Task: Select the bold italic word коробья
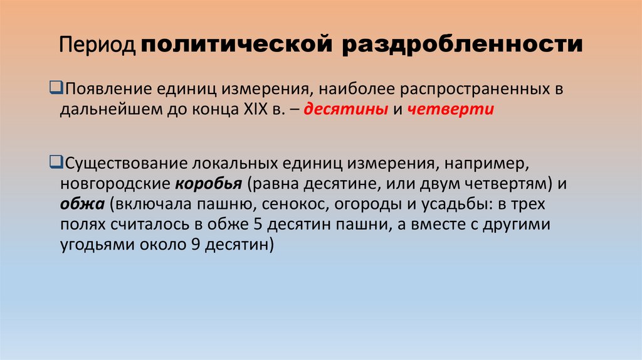209,186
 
